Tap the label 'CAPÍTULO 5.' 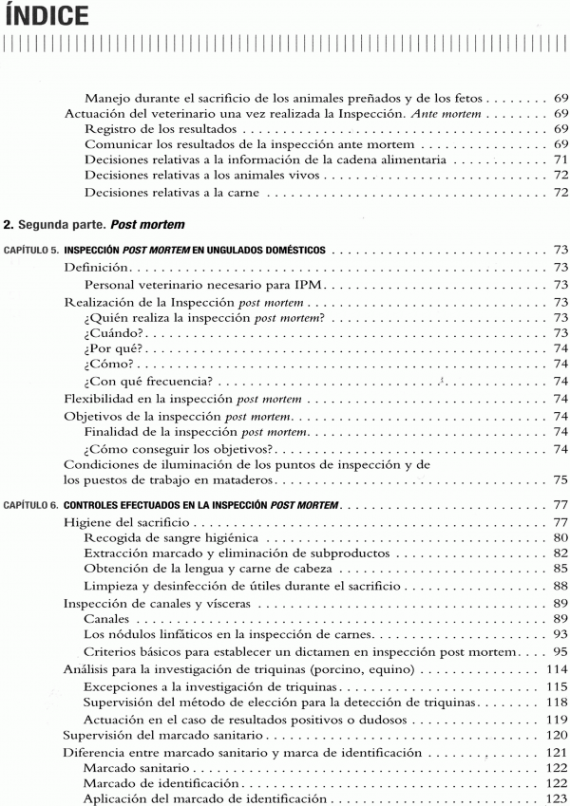point(32,251)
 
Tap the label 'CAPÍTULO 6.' point(32,504)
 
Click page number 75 point(560,480)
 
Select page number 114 point(556,669)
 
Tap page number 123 point(556,799)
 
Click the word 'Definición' point(96,269)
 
